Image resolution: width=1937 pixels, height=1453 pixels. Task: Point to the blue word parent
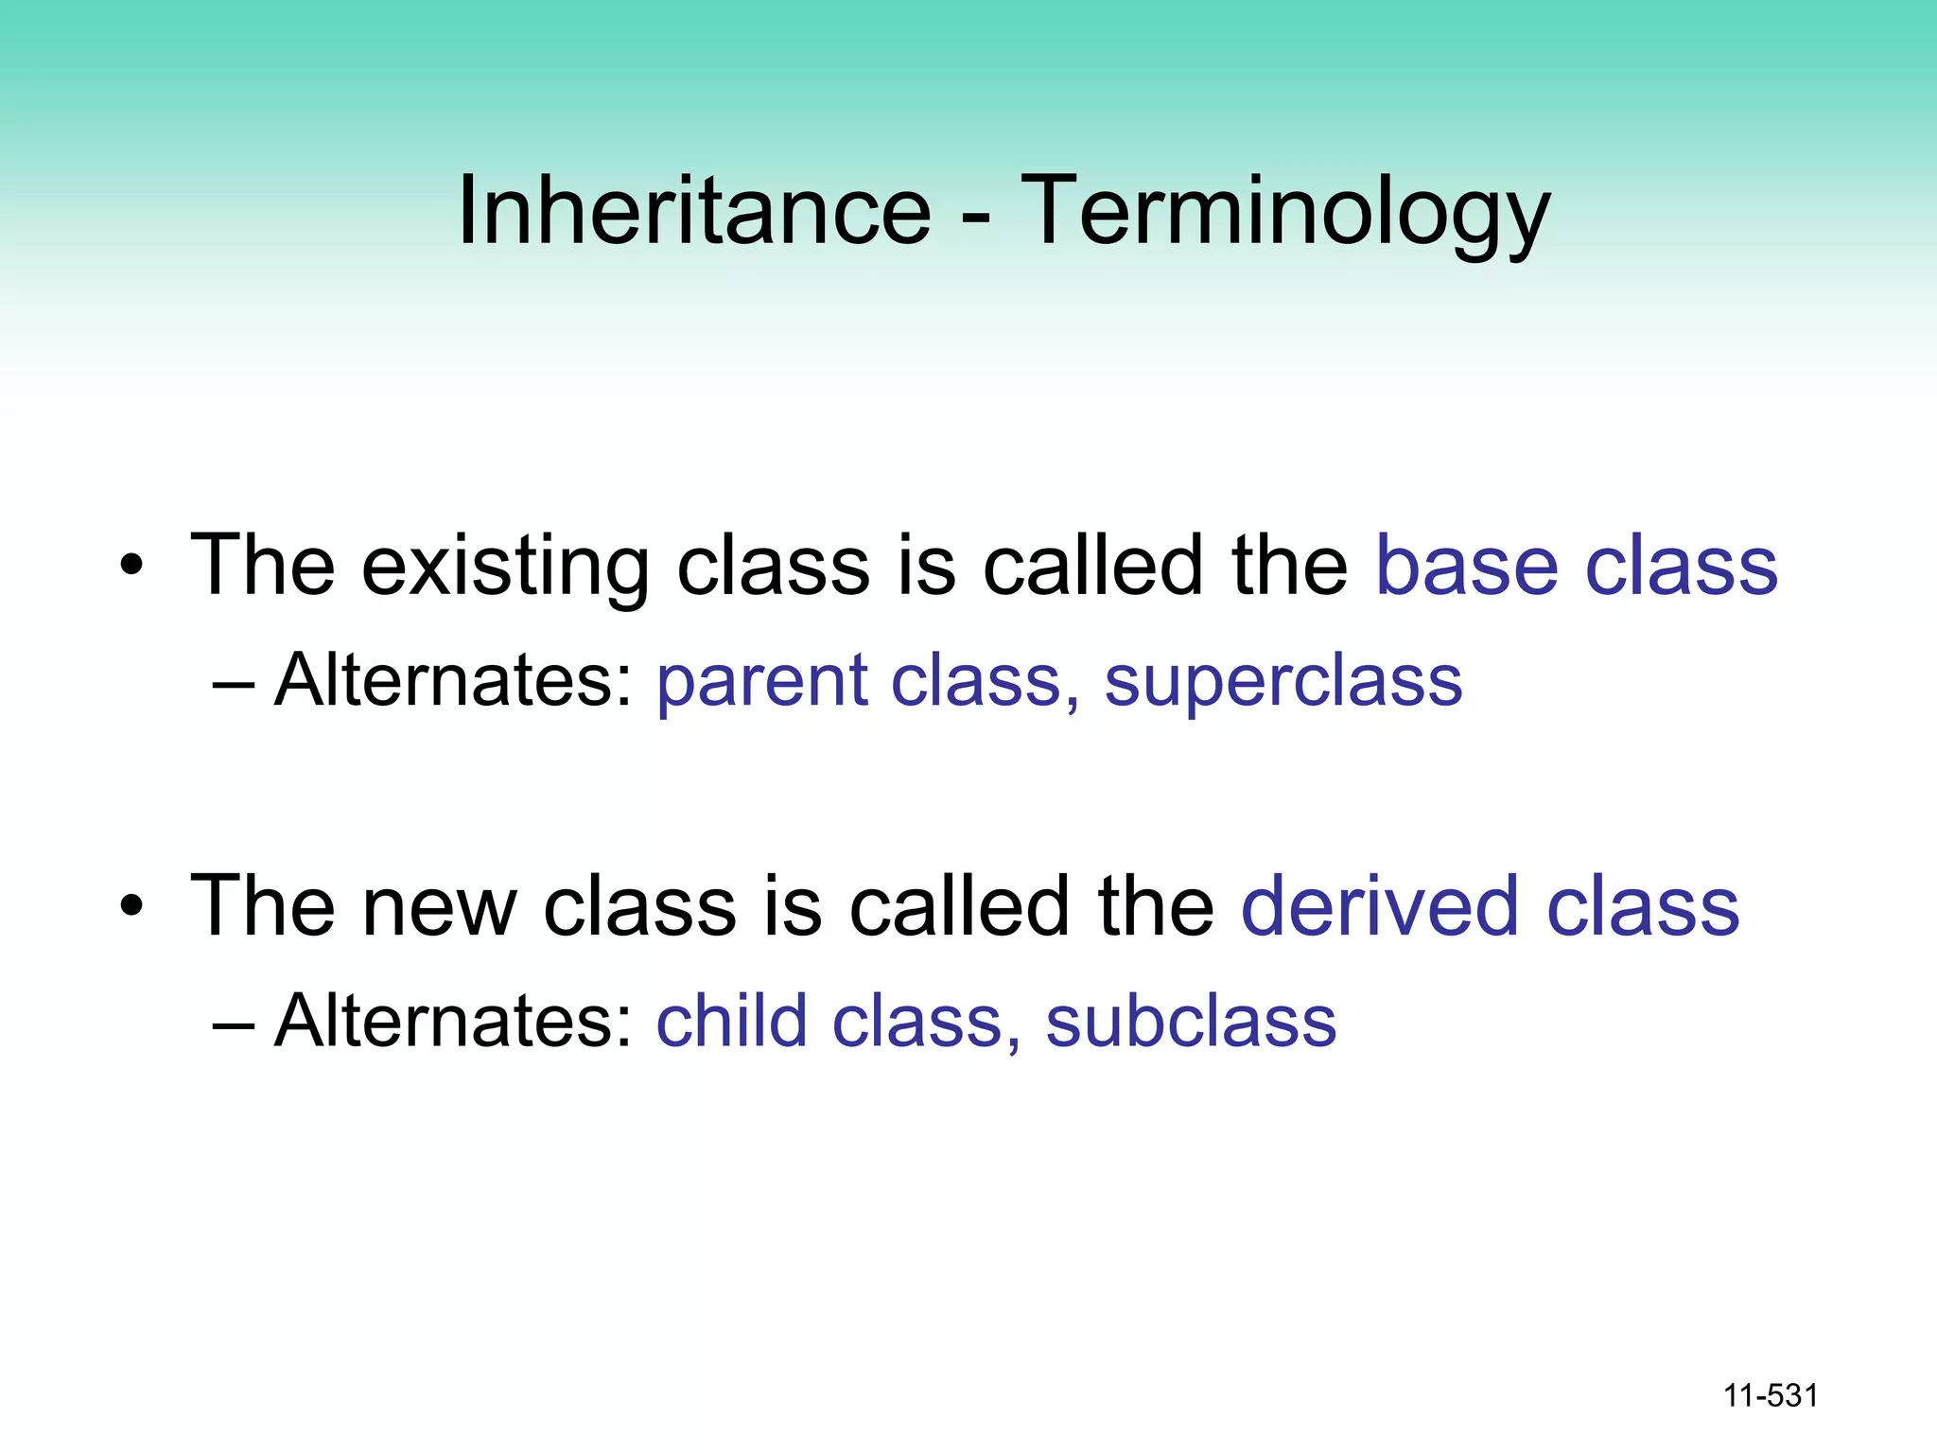point(761,681)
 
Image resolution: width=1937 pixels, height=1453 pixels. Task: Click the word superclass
point(1283,681)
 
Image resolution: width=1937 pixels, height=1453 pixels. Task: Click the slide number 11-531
point(1771,1395)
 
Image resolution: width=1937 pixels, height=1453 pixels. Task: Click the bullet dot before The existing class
point(131,567)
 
